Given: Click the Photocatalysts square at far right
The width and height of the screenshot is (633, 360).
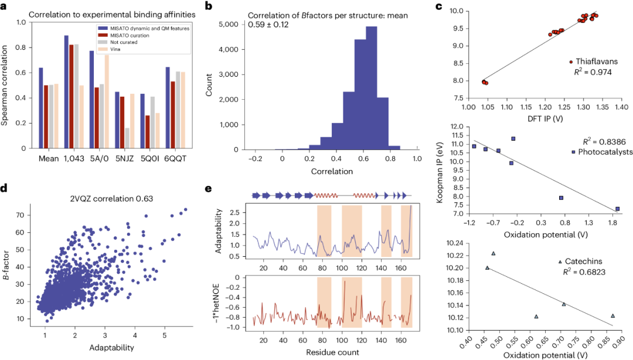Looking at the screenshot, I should point(617,209).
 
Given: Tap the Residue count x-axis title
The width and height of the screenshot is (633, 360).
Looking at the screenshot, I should point(332,353).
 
